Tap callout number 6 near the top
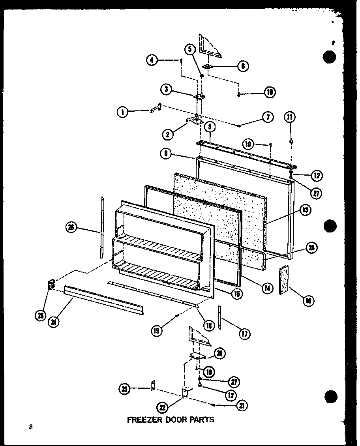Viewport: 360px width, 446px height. click(x=243, y=66)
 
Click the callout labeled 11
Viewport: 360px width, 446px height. click(x=291, y=117)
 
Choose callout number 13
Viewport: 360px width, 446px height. click(x=305, y=210)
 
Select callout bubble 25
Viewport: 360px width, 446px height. click(x=40, y=316)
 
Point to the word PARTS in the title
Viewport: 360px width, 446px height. click(x=203, y=420)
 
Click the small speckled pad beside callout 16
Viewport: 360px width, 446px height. click(x=284, y=279)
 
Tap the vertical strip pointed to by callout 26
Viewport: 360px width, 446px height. click(x=102, y=227)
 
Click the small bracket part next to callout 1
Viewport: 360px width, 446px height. click(x=156, y=108)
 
